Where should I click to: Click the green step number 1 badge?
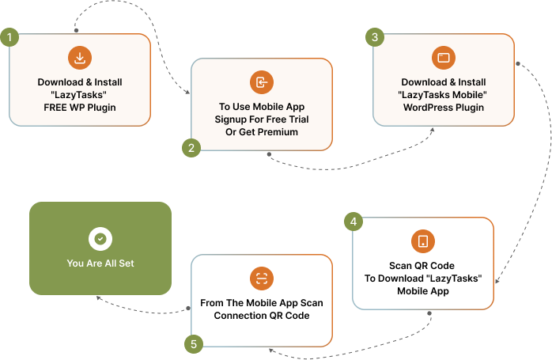pyautogui.click(x=9, y=37)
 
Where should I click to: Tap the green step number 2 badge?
pyautogui.click(x=190, y=147)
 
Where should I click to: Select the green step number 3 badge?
pyautogui.click(x=375, y=37)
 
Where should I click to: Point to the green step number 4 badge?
pyautogui.click(x=354, y=222)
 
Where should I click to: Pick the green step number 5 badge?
pyautogui.click(x=192, y=343)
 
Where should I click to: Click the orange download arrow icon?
pyautogui.click(x=80, y=58)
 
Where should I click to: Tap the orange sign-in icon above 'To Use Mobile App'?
pyautogui.click(x=261, y=82)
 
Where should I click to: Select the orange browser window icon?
pyautogui.click(x=443, y=58)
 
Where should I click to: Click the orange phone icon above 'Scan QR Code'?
pyautogui.click(x=423, y=241)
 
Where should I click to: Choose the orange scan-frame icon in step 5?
pyautogui.click(x=261, y=279)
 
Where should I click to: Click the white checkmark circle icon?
pyautogui.click(x=100, y=238)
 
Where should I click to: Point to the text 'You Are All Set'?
pyautogui.click(x=100, y=263)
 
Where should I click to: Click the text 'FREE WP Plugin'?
pyautogui.click(x=80, y=108)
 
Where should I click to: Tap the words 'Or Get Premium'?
pyautogui.click(x=262, y=132)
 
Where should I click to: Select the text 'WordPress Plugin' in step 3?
pyautogui.click(x=443, y=108)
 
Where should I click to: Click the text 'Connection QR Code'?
pyautogui.click(x=262, y=316)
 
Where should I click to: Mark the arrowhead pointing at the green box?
pyautogui.click(x=99, y=298)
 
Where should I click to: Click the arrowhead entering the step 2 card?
pyautogui.click(x=187, y=93)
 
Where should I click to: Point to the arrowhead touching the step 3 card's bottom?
pyautogui.click(x=432, y=129)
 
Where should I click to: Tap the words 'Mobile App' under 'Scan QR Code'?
pyautogui.click(x=423, y=291)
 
